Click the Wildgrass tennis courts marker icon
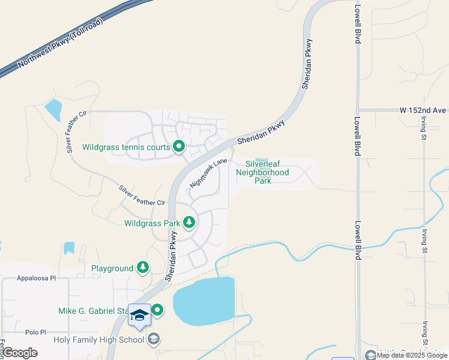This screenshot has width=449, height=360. tap(178, 146)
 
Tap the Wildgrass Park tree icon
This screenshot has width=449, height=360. tap(189, 223)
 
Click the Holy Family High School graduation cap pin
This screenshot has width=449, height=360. tap(140, 316)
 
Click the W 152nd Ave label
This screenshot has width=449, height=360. tap(423, 110)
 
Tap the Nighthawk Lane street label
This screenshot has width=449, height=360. tap(208, 173)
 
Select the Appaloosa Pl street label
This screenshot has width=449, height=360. tap(36, 278)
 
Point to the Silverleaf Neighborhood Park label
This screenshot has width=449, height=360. tap(262, 172)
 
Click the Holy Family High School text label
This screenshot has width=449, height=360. tap(99, 340)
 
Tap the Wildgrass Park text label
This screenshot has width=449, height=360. tap(152, 223)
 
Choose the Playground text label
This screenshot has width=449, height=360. tap(112, 268)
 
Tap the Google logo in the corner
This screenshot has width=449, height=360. tap(20, 353)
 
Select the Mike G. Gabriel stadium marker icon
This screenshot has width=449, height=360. tap(157, 310)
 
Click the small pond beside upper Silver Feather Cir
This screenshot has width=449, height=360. tap(53, 109)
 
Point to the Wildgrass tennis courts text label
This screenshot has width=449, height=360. tap(125, 146)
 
